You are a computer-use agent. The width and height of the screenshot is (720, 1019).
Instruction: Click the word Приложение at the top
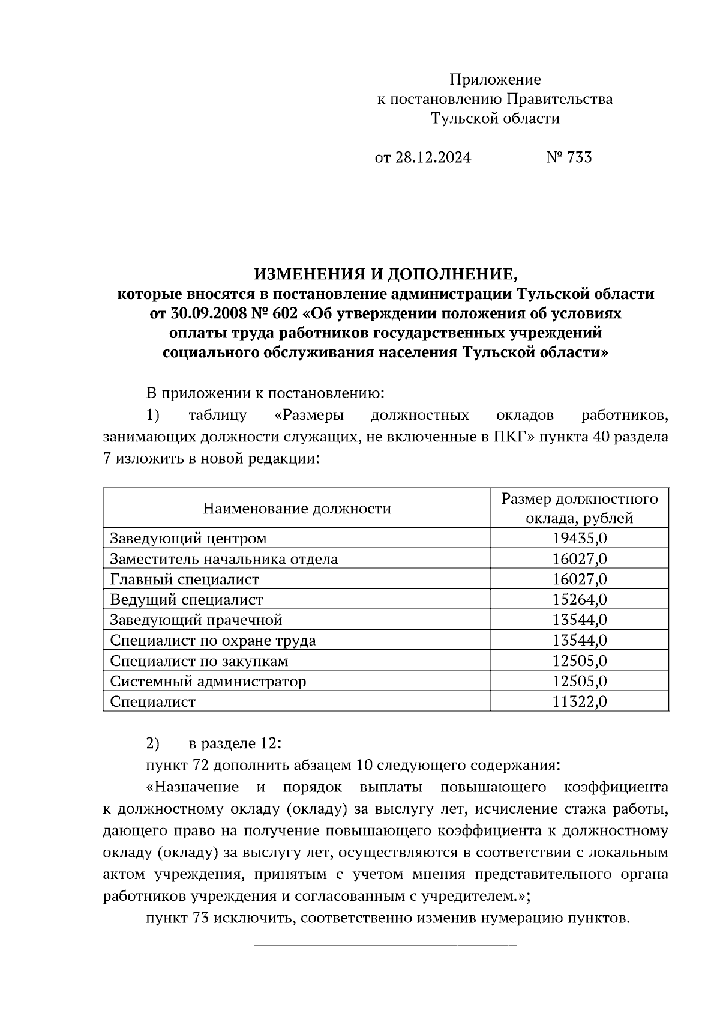click(495, 79)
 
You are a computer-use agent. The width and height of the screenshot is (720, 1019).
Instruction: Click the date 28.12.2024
click(433, 157)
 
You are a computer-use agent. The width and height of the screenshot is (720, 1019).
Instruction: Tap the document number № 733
click(569, 157)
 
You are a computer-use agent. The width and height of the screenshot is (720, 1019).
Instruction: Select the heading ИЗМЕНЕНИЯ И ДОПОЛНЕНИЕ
click(385, 275)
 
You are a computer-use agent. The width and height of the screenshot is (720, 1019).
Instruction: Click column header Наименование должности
click(296, 509)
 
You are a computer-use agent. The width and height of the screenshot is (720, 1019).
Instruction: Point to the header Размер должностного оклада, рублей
click(579, 508)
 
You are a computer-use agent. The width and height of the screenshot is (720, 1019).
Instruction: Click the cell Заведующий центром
click(188, 539)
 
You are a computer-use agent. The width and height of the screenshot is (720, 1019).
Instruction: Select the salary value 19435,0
click(579, 539)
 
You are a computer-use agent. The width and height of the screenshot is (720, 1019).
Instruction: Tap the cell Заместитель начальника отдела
click(224, 559)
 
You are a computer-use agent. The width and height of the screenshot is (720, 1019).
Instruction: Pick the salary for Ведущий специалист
click(579, 600)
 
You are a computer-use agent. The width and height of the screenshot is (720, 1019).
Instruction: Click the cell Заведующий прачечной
click(196, 620)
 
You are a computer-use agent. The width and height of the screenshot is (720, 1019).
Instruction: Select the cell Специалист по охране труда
click(212, 641)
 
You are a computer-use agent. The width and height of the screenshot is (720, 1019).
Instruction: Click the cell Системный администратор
click(208, 682)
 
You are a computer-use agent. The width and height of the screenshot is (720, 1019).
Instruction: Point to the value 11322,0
click(579, 702)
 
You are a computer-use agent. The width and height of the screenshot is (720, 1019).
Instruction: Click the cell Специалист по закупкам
click(199, 661)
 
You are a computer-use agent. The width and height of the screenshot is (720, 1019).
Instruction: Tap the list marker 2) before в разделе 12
click(153, 743)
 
